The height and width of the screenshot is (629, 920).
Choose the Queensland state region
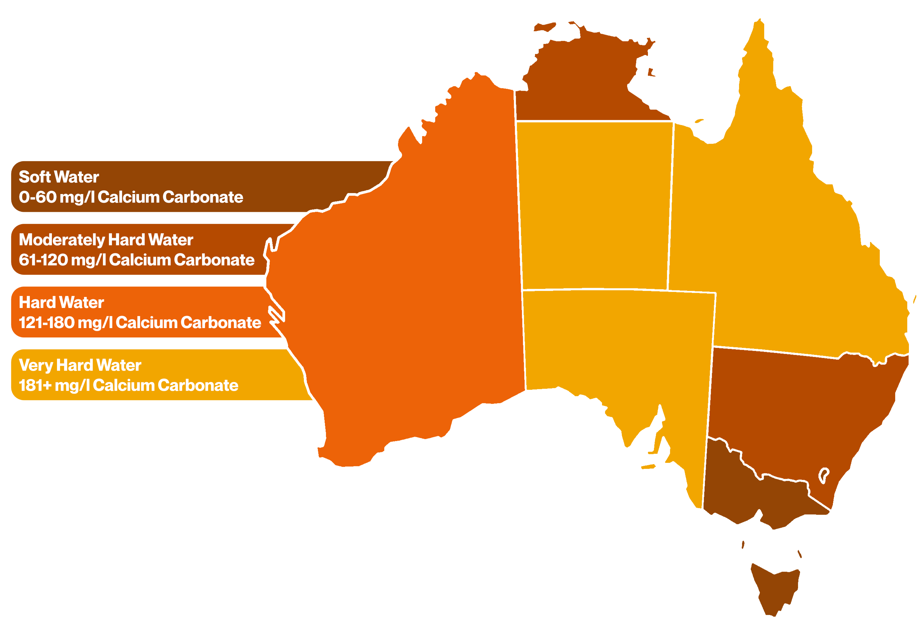772,238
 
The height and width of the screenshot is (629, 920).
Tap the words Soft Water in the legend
59,177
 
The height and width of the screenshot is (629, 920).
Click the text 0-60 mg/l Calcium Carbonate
131,197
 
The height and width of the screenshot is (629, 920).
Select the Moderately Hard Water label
106,240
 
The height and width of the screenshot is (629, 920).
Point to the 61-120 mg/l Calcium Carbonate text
137,260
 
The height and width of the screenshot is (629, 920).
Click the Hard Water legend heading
61,302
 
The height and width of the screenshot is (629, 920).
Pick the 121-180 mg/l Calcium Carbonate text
140,323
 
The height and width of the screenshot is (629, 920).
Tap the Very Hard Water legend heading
80,365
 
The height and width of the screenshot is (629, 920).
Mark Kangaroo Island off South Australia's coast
648,467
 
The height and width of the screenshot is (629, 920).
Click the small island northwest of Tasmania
743,545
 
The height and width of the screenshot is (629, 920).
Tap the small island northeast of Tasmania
800,553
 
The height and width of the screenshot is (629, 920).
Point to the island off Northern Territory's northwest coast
545,27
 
